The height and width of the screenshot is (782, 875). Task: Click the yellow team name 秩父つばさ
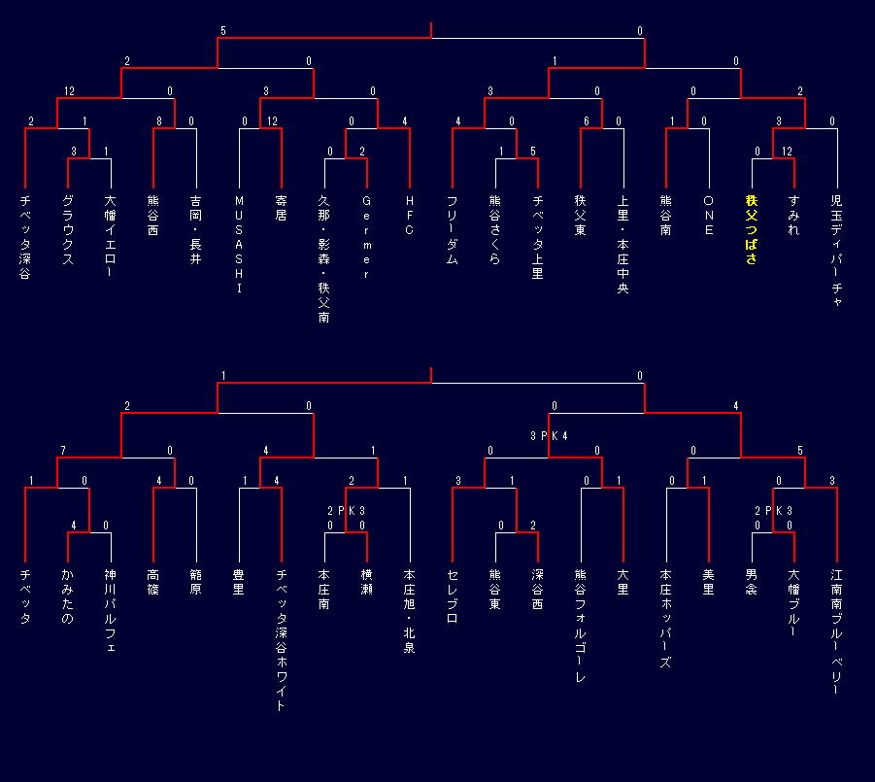751,229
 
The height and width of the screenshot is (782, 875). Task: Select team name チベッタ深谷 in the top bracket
25,237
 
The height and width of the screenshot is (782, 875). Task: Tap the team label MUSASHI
239,243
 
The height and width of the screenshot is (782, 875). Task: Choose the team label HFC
410,216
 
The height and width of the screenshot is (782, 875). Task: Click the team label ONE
708,216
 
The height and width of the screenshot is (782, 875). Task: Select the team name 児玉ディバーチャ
836,251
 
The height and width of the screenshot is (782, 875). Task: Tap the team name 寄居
282,208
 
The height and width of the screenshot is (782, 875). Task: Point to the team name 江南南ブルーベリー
836,631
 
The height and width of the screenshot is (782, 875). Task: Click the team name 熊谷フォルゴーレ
581,625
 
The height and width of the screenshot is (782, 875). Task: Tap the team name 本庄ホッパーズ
666,618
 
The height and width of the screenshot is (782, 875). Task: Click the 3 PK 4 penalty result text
549,436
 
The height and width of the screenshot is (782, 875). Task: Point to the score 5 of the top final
223,31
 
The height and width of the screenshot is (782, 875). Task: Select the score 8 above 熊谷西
158,121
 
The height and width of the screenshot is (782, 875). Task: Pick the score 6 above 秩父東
587,121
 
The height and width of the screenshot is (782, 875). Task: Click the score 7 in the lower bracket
62,451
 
